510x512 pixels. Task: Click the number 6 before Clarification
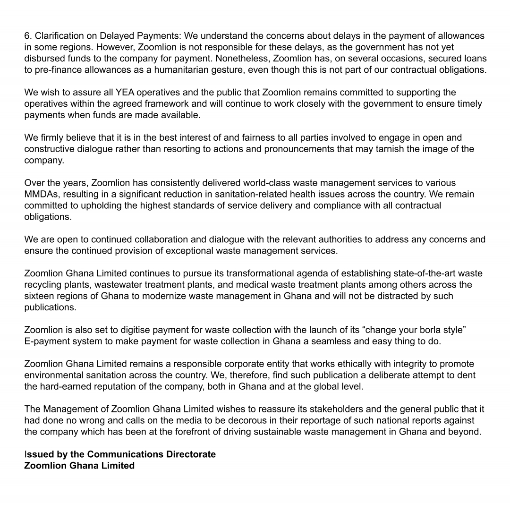[27, 36]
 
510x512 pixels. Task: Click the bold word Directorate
[191, 454]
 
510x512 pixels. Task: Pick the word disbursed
[44, 59]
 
